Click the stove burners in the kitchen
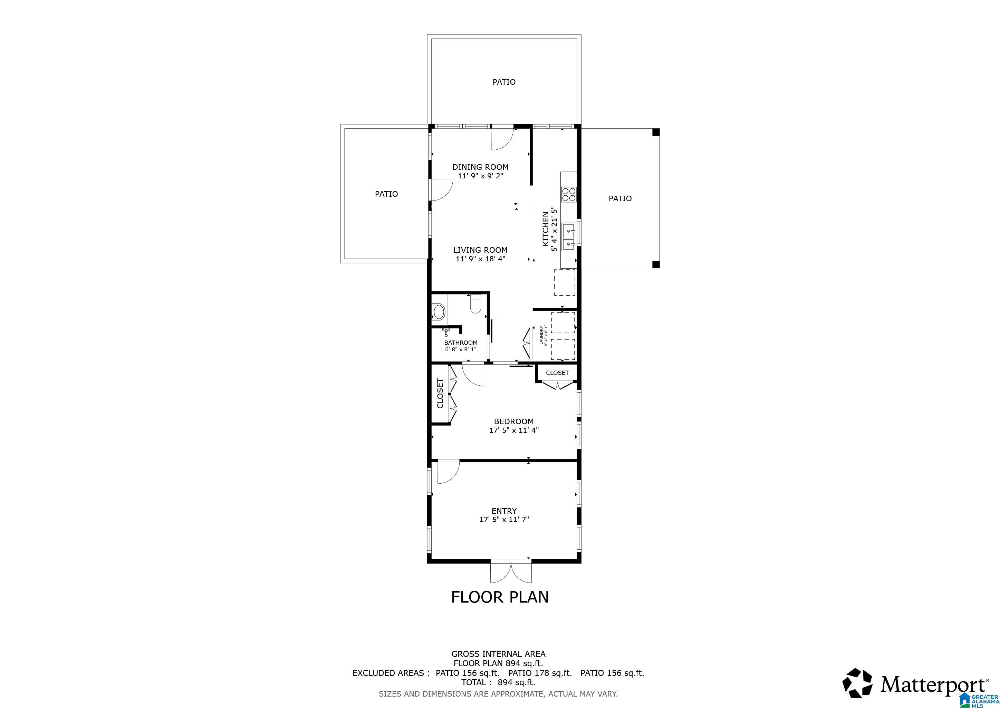pyautogui.click(x=568, y=194)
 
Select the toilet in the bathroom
pyautogui.click(x=475, y=304)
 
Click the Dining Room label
pyautogui.click(x=480, y=167)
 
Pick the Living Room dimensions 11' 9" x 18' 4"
pyautogui.click(x=480, y=259)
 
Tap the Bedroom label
pyautogui.click(x=513, y=421)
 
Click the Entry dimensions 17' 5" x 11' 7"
pyautogui.click(x=504, y=519)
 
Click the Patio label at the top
pyautogui.click(x=503, y=82)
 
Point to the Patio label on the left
pyautogui.click(x=386, y=194)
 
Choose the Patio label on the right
pyautogui.click(x=620, y=198)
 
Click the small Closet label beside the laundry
pyautogui.click(x=557, y=373)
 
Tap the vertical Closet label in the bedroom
pyautogui.click(x=440, y=394)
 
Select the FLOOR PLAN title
pyautogui.click(x=500, y=597)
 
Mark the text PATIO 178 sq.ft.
pyautogui.click(x=540, y=673)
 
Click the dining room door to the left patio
pyautogui.click(x=441, y=190)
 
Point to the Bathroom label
pyautogui.click(x=460, y=343)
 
